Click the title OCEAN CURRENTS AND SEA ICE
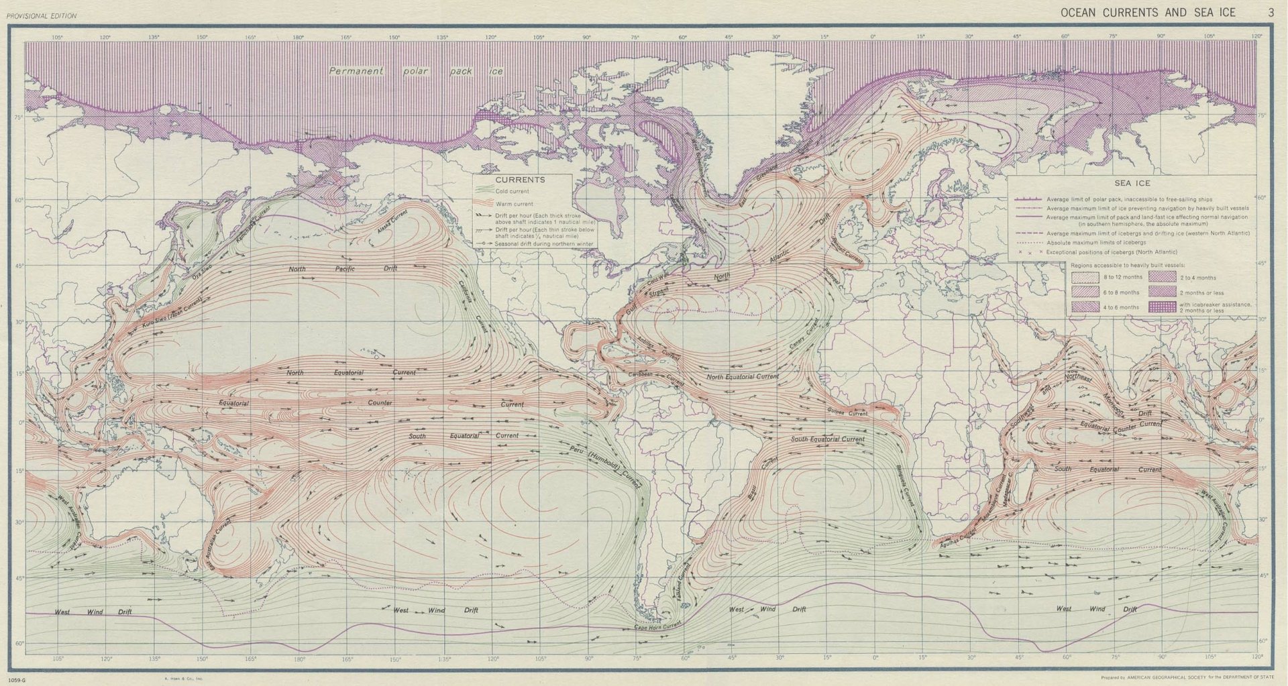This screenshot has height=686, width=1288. tap(1147, 13)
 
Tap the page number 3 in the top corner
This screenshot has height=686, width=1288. tap(1271, 13)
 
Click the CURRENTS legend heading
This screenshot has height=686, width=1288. tap(520, 180)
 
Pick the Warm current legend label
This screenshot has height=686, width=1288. tap(515, 204)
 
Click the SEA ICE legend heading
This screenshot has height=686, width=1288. tap(1132, 183)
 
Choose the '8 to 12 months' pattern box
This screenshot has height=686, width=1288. tap(1085, 278)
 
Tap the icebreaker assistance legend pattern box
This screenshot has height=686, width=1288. tap(1163, 307)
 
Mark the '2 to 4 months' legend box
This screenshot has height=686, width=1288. tap(1163, 278)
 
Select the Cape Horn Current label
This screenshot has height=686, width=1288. tap(657, 626)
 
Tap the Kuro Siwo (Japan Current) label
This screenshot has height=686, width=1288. tap(172, 313)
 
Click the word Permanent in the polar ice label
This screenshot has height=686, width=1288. tap(356, 71)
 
